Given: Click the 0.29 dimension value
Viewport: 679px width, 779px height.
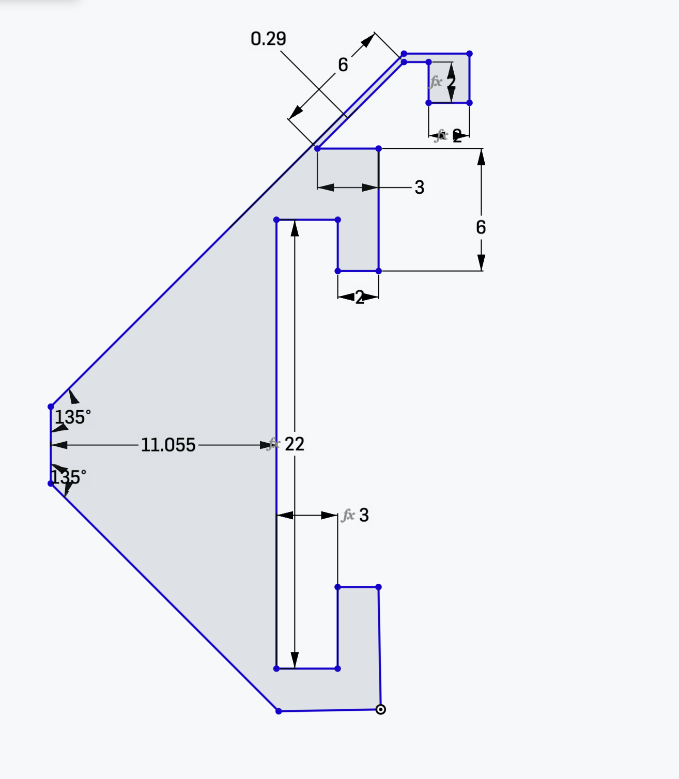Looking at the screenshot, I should [268, 39].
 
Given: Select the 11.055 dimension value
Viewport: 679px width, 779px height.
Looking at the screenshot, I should [168, 445].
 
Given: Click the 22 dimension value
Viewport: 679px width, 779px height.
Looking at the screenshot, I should [295, 444].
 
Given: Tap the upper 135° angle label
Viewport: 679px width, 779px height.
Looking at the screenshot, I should [73, 417].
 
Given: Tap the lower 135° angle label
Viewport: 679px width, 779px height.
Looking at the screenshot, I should [69, 477].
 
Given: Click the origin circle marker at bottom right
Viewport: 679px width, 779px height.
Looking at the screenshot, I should [380, 709].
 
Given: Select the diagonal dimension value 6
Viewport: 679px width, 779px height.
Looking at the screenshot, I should [343, 65].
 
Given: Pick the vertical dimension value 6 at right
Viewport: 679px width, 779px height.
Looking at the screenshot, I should [481, 227].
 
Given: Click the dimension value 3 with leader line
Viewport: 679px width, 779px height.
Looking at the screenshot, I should [419, 187].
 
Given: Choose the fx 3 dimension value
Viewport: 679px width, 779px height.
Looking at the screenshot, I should [364, 515].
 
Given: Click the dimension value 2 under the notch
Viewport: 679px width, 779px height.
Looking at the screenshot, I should [360, 297].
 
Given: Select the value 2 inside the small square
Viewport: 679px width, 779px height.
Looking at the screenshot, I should [451, 82].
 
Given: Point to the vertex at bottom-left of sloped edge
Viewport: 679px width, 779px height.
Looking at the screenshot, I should [279, 711].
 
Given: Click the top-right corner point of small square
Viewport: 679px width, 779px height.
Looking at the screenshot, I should [469, 54].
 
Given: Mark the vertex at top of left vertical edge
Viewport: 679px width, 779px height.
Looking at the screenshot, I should [51, 407].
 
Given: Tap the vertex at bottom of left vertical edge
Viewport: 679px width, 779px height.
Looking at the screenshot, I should [51, 484].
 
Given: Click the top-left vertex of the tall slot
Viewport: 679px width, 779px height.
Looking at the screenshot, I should [276, 220].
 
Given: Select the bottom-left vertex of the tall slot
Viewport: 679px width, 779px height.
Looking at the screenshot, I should [276, 668].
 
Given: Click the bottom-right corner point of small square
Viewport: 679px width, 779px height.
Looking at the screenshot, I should [469, 103].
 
